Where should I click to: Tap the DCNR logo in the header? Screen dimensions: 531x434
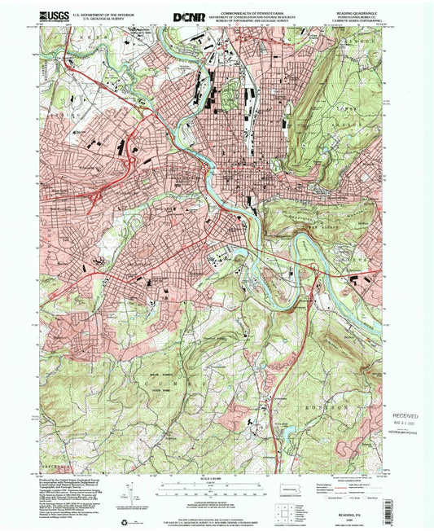click(186, 15)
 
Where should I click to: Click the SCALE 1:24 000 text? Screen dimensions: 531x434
click(215, 476)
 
